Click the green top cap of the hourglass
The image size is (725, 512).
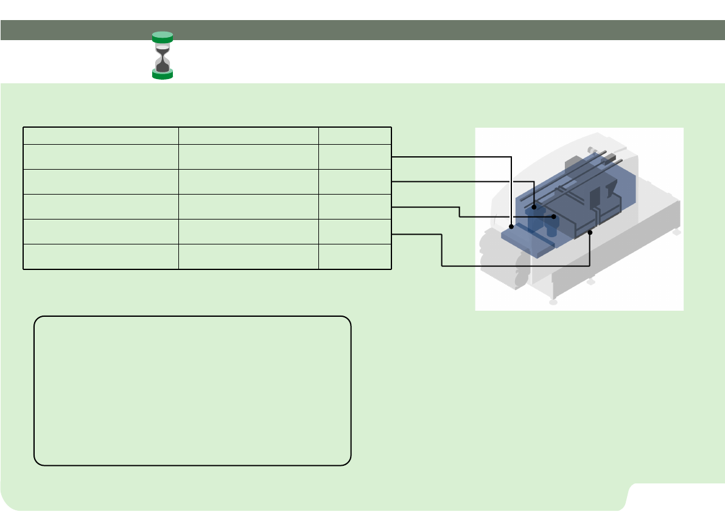coord(163,36)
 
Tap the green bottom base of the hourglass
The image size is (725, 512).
coord(163,74)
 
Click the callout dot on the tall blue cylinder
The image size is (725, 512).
coord(534,207)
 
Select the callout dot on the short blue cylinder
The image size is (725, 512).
coord(554,216)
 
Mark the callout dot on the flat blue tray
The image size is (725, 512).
coord(511,226)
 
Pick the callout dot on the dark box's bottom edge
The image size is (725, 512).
coord(590,232)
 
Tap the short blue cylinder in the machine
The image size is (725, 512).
coord(552,229)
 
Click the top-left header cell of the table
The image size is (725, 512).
coord(100,136)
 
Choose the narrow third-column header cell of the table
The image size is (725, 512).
coord(354,136)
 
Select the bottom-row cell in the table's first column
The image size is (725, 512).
coord(100,256)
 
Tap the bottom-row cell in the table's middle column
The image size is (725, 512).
coord(248,256)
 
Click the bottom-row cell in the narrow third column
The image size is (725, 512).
coord(354,256)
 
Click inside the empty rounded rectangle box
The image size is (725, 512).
coord(192,390)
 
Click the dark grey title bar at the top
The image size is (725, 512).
coord(362,30)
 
